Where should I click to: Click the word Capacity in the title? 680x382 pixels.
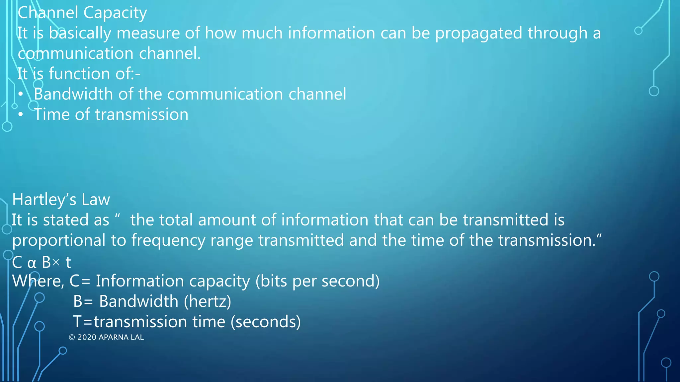[115, 13]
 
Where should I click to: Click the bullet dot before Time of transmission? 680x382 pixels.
[21, 115]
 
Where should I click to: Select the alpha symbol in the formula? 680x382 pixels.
[32, 263]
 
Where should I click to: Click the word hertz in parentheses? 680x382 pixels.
[208, 301]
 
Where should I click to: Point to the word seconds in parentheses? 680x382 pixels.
[266, 322]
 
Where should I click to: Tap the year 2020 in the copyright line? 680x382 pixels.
[87, 337]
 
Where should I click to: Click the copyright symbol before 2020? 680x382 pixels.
[72, 337]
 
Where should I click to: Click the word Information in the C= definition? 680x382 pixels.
[140, 281]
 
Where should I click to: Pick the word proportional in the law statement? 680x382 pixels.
[59, 240]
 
